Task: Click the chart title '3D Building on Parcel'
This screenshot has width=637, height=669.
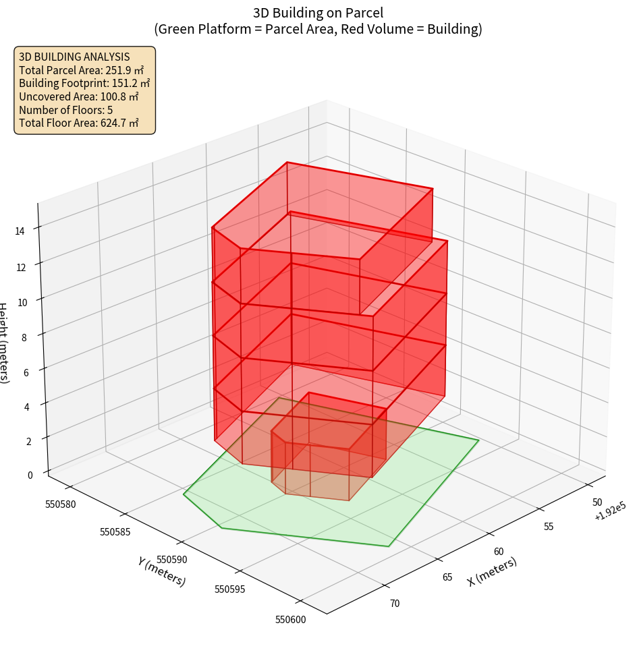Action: (x=318, y=13)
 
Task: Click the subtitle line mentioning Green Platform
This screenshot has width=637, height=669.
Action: (x=318, y=29)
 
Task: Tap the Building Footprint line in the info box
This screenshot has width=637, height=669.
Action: (x=84, y=83)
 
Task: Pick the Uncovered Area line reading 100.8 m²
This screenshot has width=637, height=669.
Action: (x=80, y=96)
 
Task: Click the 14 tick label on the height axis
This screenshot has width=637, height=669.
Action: (x=20, y=231)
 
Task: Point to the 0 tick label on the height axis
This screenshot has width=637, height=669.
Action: (x=30, y=475)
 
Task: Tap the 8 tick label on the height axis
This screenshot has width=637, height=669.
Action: (x=24, y=337)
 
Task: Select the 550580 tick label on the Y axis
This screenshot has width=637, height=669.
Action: (x=61, y=504)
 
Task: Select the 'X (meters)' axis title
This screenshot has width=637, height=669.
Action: (x=493, y=571)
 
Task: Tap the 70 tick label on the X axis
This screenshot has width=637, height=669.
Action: (x=395, y=603)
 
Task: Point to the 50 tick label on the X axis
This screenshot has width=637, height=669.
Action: (x=597, y=502)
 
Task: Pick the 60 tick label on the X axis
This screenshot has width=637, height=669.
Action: (x=499, y=551)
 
